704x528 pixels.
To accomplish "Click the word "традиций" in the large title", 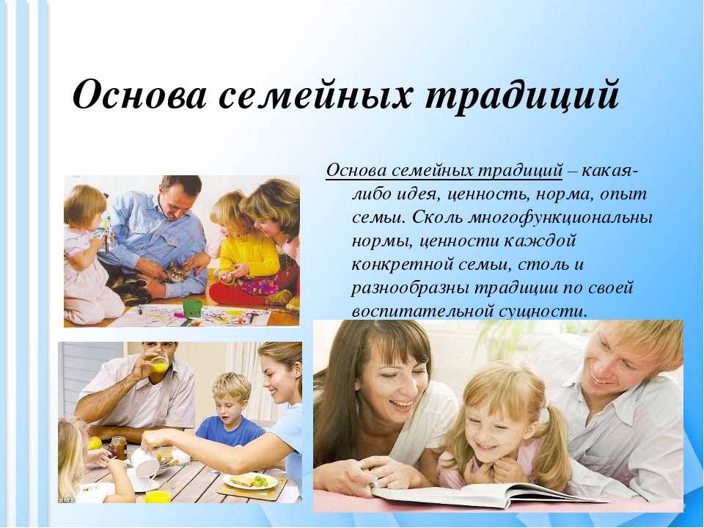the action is pos(522,95).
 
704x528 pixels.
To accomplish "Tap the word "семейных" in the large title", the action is pos(315,95).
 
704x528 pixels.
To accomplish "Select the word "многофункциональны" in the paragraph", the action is pos(560,218).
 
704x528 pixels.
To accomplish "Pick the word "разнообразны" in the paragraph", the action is pos(408,287).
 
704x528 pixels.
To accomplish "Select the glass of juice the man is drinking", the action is pos(159,363).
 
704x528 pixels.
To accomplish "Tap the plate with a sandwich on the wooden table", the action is pos(251,481).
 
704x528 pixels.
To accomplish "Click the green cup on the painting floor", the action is pos(192,309).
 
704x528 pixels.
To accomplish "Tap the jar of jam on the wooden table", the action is pos(119,447).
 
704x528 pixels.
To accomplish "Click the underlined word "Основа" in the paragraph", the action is pos(357,171).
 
